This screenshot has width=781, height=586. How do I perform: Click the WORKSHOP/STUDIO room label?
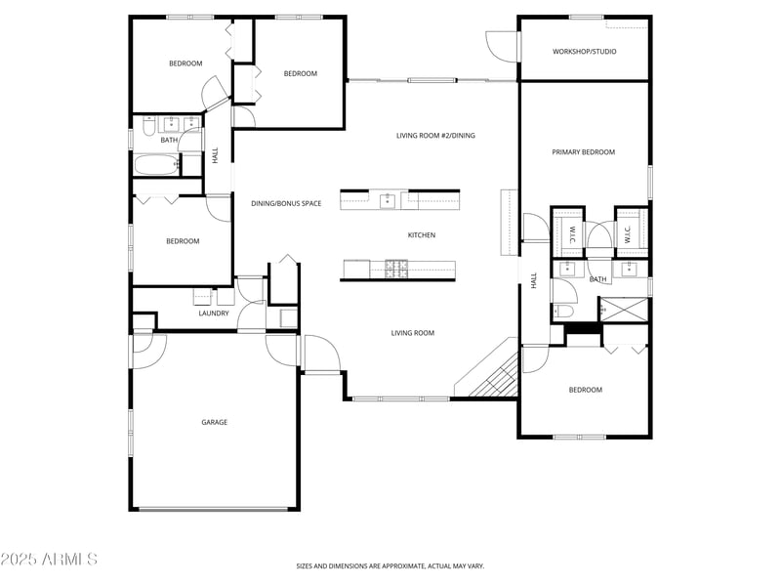[x=584, y=52]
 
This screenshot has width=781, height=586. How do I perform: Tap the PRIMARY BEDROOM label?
[x=583, y=152]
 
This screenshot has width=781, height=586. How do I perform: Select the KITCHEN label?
[x=421, y=235]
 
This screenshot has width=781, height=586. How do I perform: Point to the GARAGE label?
[x=214, y=422]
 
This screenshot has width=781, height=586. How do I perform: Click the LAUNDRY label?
[x=214, y=314]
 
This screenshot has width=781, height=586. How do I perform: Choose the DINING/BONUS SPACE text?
[x=286, y=203]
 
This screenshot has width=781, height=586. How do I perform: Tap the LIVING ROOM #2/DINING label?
[x=435, y=136]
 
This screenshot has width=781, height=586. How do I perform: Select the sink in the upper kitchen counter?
[x=387, y=200]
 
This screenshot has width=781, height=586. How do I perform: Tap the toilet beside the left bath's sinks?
[x=147, y=126]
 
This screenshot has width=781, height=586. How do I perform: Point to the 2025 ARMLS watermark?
[x=49, y=560]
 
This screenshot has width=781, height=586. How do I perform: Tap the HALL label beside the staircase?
[x=534, y=279]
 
